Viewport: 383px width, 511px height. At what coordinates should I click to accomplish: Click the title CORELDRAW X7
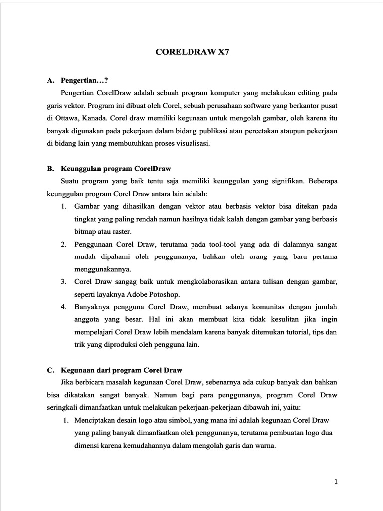[191, 51]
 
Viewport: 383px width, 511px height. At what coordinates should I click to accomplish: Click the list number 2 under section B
[64, 245]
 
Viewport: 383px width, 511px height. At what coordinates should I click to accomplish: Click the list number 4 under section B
[64, 307]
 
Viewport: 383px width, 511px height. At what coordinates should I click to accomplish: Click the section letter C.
[50, 370]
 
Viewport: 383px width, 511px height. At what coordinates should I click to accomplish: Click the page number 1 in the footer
[336, 482]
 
